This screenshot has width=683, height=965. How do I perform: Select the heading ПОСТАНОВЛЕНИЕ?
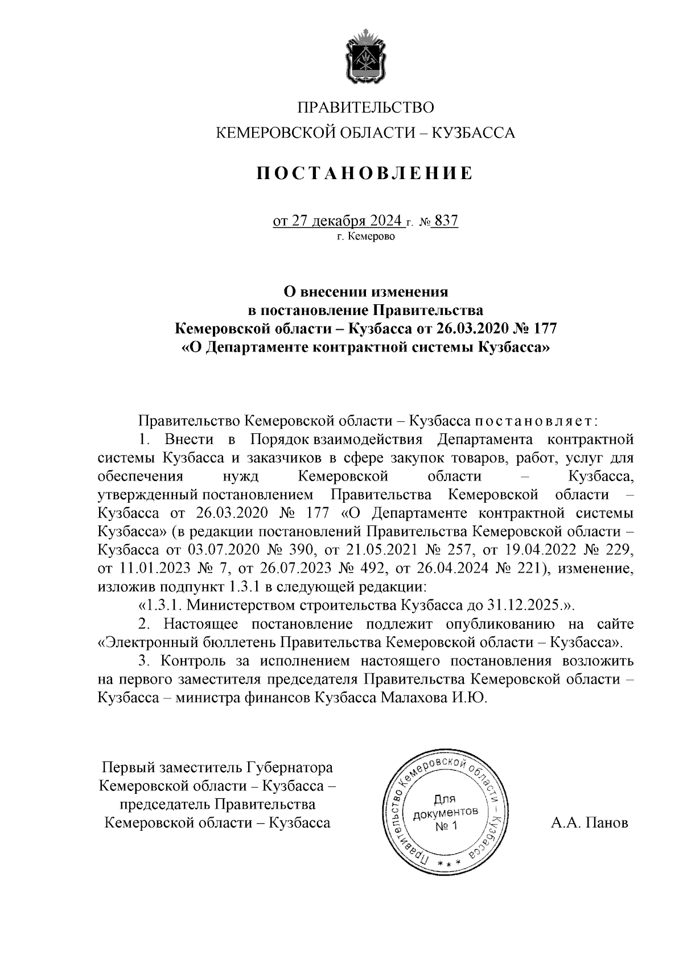point(364,173)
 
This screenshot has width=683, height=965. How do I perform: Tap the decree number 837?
point(446,221)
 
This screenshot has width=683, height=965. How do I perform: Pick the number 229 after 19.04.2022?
point(621,550)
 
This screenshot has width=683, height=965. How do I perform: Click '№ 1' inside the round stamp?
point(446,825)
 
